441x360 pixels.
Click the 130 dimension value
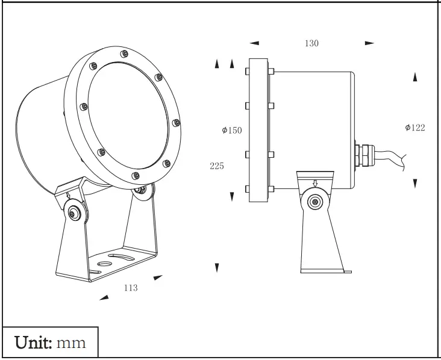311,43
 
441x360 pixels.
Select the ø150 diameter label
231,130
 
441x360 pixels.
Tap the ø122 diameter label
415,127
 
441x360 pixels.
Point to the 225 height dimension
217,166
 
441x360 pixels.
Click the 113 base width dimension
131,288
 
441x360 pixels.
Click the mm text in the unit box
71,343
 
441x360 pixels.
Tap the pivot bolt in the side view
313,202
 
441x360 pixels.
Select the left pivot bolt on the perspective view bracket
74,212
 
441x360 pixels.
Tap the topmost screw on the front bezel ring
124,54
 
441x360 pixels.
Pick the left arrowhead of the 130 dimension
254,43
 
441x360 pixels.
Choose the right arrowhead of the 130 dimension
369,43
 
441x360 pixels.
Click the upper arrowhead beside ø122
415,77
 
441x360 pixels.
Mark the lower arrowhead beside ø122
415,183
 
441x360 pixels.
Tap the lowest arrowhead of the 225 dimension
217,267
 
